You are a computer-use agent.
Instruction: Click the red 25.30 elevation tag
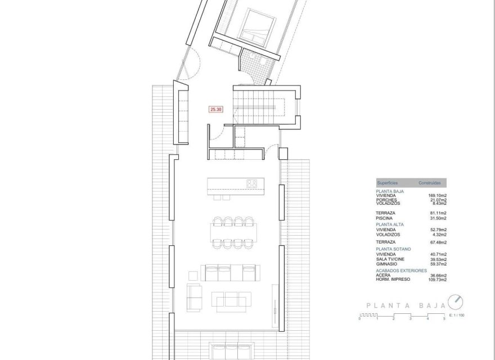216,110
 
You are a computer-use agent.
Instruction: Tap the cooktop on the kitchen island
252,183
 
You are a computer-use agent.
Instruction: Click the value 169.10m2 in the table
437,196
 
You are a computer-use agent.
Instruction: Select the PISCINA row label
385,218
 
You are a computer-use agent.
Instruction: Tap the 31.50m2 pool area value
438,218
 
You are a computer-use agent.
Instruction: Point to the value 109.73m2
437,280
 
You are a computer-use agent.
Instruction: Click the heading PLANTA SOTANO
394,249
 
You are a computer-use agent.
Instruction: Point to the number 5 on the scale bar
444,319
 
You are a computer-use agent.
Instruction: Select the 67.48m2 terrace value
437,242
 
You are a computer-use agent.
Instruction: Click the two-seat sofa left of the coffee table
193,296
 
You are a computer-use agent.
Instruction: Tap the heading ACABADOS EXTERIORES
401,271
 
